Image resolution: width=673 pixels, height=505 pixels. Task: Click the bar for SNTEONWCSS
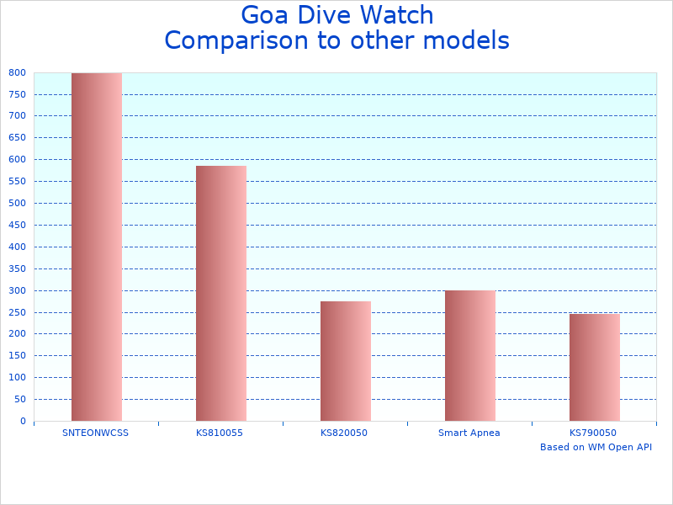(x=96, y=247)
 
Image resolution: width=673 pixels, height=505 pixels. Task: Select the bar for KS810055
(x=220, y=293)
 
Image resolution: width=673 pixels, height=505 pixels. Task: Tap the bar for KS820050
(x=345, y=361)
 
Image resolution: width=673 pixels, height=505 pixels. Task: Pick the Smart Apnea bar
(x=469, y=355)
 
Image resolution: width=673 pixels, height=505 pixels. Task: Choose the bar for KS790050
(x=594, y=367)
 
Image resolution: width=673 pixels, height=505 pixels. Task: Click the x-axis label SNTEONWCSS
(x=96, y=433)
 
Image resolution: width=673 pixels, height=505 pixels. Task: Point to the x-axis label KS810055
(x=220, y=433)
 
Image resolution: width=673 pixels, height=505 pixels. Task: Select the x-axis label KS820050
(x=344, y=433)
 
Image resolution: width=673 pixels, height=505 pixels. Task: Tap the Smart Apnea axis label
(x=469, y=433)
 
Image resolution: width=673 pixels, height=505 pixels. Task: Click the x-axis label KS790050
(x=593, y=433)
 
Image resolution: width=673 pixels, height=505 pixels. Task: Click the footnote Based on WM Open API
(x=596, y=447)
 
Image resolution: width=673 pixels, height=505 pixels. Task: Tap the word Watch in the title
(x=399, y=16)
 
